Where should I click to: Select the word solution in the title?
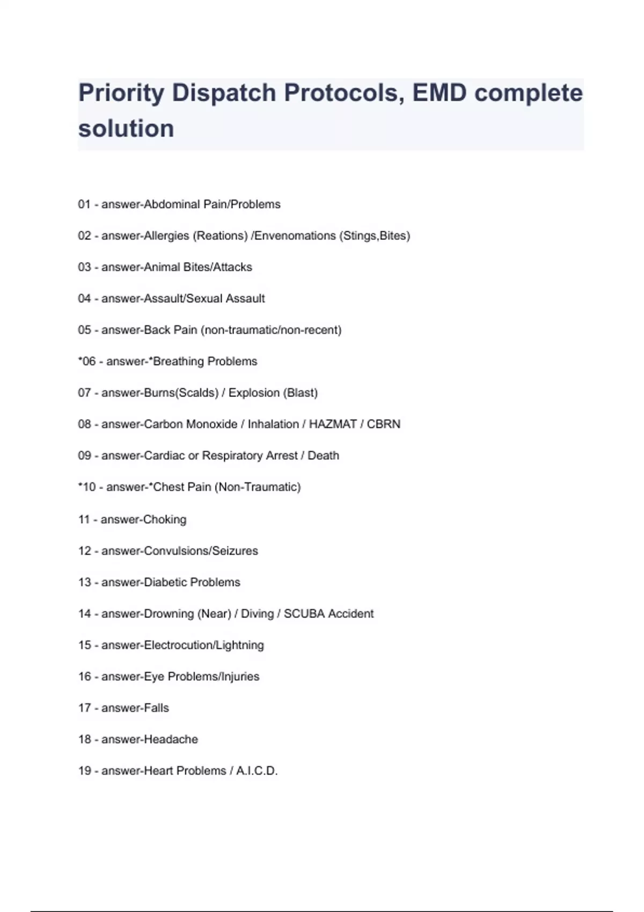[126, 129]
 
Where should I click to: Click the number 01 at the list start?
[84, 204]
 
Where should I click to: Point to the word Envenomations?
[295, 236]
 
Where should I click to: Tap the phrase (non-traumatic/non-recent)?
[271, 330]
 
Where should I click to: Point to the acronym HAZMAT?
[333, 424]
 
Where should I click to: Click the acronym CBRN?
[384, 424]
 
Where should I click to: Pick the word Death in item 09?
[323, 455]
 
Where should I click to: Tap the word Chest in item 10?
[169, 487]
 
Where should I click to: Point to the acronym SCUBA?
[304, 614]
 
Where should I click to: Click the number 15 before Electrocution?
[84, 645]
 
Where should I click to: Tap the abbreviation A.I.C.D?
[257, 771]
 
